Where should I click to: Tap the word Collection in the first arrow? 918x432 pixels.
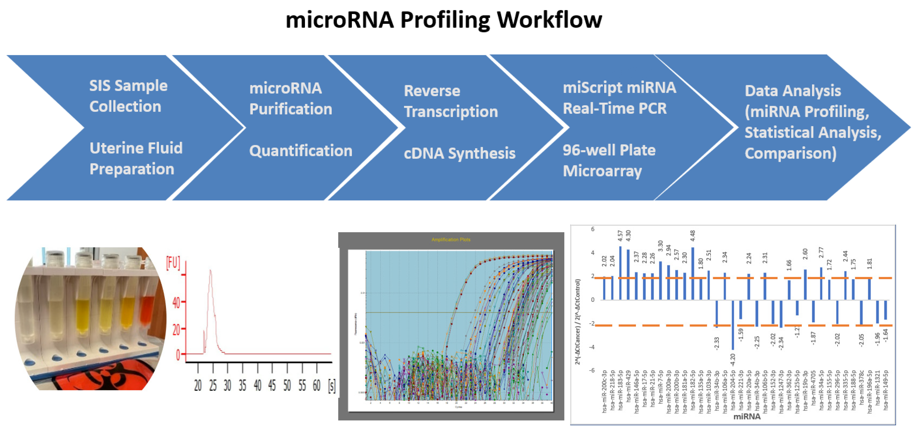coord(125,107)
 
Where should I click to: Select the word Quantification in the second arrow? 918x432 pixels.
coord(301,150)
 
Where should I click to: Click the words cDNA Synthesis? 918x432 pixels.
coord(459,153)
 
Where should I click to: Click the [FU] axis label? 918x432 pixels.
coord(173,263)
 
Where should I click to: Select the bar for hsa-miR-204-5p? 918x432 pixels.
coord(733,325)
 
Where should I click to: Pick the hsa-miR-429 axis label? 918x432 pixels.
coord(628,391)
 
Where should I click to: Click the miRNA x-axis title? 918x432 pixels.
coord(747,416)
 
